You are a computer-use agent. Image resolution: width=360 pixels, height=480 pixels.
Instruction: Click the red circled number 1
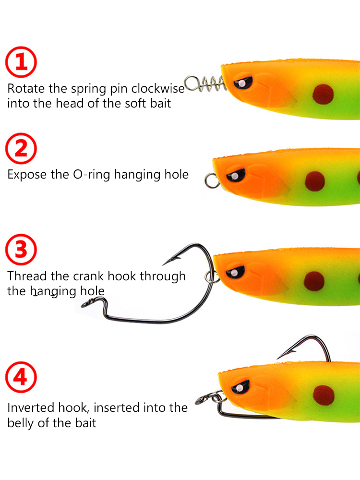point(21,62)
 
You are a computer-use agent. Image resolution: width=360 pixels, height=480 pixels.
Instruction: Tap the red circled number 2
point(21,148)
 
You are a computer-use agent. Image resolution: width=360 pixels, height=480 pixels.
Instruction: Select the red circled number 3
point(21,250)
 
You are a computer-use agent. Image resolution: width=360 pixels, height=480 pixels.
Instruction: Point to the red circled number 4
point(21,377)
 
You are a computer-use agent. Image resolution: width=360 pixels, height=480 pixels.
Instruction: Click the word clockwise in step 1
point(158,88)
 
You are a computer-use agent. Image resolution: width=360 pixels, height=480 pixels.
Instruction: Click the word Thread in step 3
point(27,276)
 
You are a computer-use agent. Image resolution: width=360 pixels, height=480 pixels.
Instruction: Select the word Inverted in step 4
point(31,408)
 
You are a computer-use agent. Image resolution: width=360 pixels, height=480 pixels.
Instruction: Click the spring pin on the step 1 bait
point(205,84)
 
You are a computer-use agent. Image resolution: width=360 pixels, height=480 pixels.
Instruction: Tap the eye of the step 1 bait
point(243,83)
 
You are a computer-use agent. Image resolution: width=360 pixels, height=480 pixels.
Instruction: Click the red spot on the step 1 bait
point(323,94)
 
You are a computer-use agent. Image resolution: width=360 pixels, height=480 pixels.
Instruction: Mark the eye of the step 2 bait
point(235,175)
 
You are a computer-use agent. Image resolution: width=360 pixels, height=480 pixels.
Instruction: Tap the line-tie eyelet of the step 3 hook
point(87,304)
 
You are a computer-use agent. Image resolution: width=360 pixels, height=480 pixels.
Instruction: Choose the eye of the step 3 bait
point(235,272)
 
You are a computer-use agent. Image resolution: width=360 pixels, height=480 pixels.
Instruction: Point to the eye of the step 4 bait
point(240,387)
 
